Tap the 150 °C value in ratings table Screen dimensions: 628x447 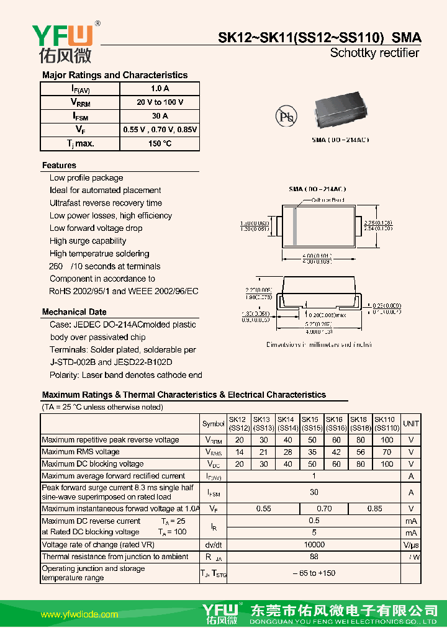click(160, 143)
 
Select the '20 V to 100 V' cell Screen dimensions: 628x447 click(160, 102)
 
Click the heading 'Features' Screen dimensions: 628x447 click(59, 166)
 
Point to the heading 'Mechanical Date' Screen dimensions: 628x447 click(74, 312)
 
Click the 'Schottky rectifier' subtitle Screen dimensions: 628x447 click(374, 53)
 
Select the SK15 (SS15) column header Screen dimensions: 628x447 click(312, 424)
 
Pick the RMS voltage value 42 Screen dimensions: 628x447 click(336, 452)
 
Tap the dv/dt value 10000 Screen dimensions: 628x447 click(314, 544)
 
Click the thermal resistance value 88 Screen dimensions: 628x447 click(314, 557)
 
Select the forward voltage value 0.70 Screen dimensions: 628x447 click(324, 509)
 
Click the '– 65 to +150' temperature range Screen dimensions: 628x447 click(314, 573)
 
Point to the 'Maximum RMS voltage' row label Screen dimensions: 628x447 click(81, 452)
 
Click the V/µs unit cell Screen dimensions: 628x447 click(411, 544)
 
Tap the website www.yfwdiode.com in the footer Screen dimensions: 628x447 click(79, 615)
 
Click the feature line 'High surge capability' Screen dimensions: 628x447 click(88, 241)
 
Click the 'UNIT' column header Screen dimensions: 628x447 click(411, 424)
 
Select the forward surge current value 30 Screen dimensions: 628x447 click(314, 492)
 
